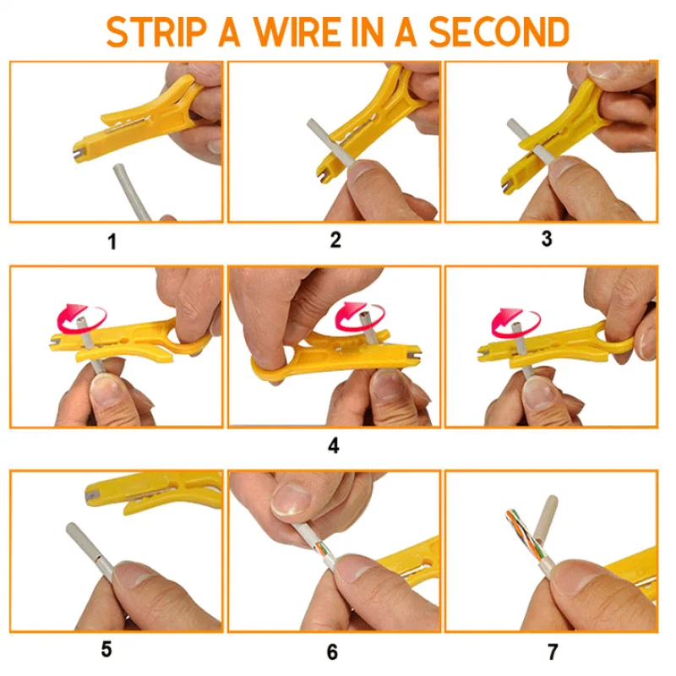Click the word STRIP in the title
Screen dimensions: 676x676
155,32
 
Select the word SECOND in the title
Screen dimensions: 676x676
499,32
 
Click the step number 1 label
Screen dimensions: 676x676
112,242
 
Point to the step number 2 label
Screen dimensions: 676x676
335,240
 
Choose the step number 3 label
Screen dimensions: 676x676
547,238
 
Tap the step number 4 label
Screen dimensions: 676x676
334,445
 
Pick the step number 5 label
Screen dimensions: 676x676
106,649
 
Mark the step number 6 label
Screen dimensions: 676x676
332,651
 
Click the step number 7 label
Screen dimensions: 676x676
553,651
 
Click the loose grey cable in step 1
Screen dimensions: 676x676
132,192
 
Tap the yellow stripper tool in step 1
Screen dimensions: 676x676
138,117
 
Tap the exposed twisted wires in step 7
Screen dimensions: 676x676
521,536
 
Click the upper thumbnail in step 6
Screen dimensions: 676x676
292,499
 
